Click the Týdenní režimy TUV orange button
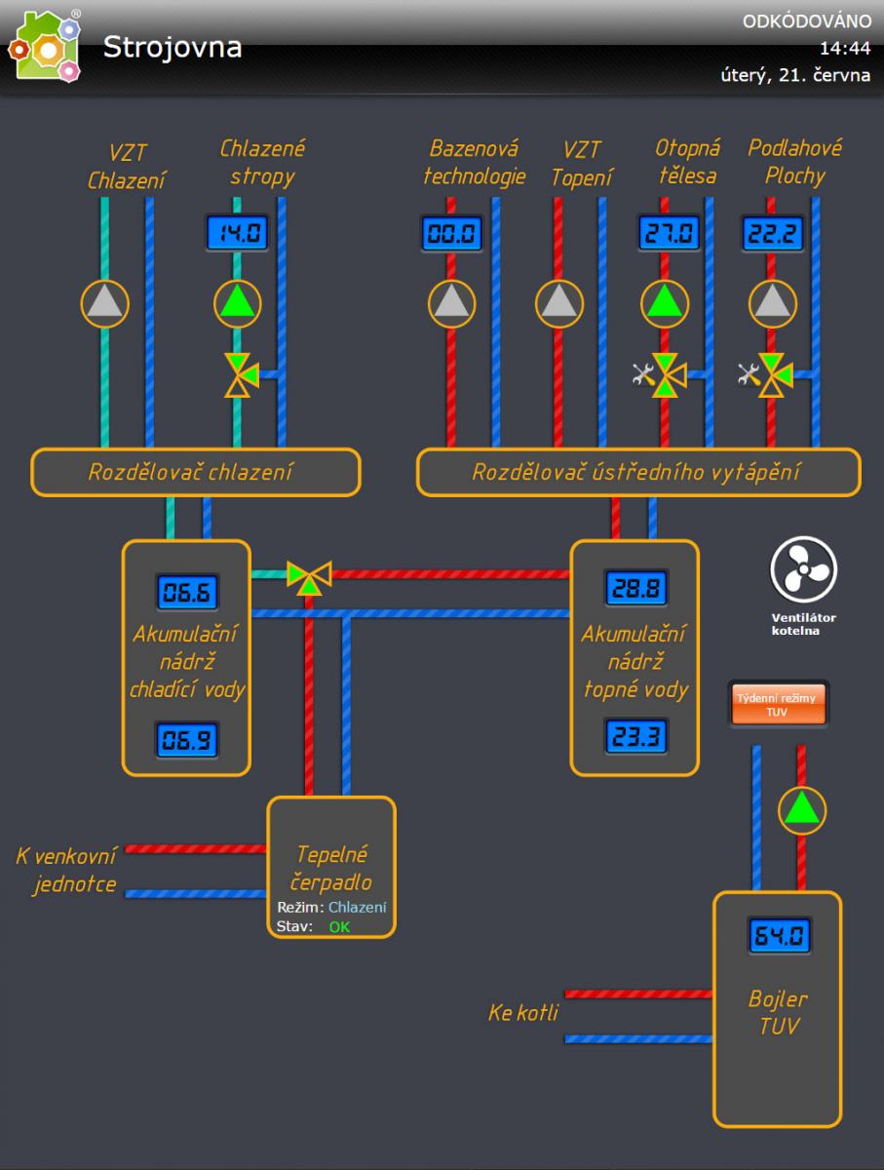tap(778, 704)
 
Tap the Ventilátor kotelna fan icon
tap(803, 569)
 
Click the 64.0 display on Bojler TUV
tap(780, 937)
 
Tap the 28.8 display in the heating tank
tap(634, 588)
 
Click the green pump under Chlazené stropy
tap(238, 303)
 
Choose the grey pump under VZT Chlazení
tap(104, 303)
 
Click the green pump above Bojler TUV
tap(801, 808)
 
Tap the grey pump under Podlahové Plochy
tap(773, 303)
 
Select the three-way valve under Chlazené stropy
tap(239, 373)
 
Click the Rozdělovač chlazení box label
tap(191, 473)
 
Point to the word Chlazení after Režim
tap(357, 908)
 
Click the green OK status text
tap(339, 926)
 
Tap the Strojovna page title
tap(173, 47)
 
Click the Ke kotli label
tap(522, 1014)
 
